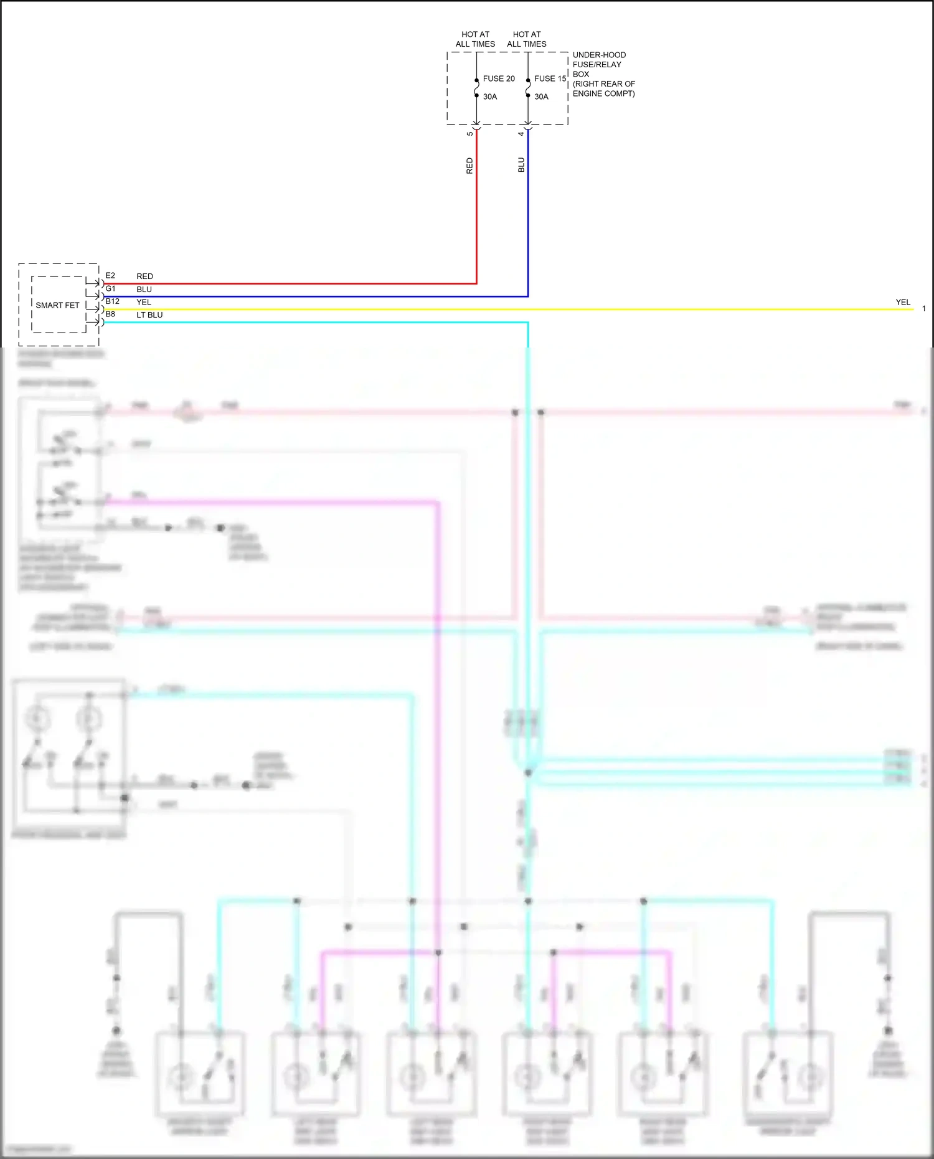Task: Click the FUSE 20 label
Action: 499,78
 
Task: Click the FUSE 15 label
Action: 550,78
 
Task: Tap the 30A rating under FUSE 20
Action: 490,97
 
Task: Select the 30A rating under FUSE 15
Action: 541,97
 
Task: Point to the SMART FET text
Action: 57,305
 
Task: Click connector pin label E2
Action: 110,275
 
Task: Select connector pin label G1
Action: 110,288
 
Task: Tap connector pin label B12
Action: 112,301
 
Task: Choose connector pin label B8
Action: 110,315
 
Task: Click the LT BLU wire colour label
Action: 149,315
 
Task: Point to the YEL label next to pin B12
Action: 144,302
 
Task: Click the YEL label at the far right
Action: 903,302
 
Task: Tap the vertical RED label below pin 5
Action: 470,166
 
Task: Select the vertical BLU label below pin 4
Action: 522,165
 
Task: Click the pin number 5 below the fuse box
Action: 470,133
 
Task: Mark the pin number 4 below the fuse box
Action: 522,133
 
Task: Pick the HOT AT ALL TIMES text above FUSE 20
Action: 475,39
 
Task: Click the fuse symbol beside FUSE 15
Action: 528,88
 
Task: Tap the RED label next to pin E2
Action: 144,276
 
